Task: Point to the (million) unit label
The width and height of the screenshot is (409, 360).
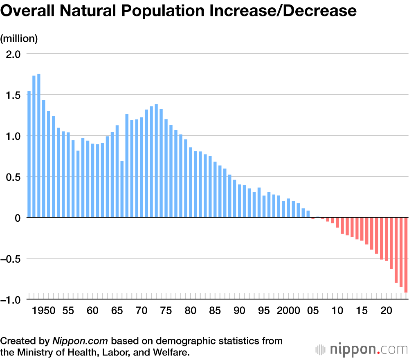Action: coord(19,38)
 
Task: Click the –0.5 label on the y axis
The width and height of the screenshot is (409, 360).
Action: coord(12,259)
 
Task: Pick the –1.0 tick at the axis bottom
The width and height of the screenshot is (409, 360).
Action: coord(12,299)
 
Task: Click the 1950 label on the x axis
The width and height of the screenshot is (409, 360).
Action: coord(44,311)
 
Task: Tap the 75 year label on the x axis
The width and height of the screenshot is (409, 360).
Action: coord(166,311)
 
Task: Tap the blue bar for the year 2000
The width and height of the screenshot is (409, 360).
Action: coord(288,208)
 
